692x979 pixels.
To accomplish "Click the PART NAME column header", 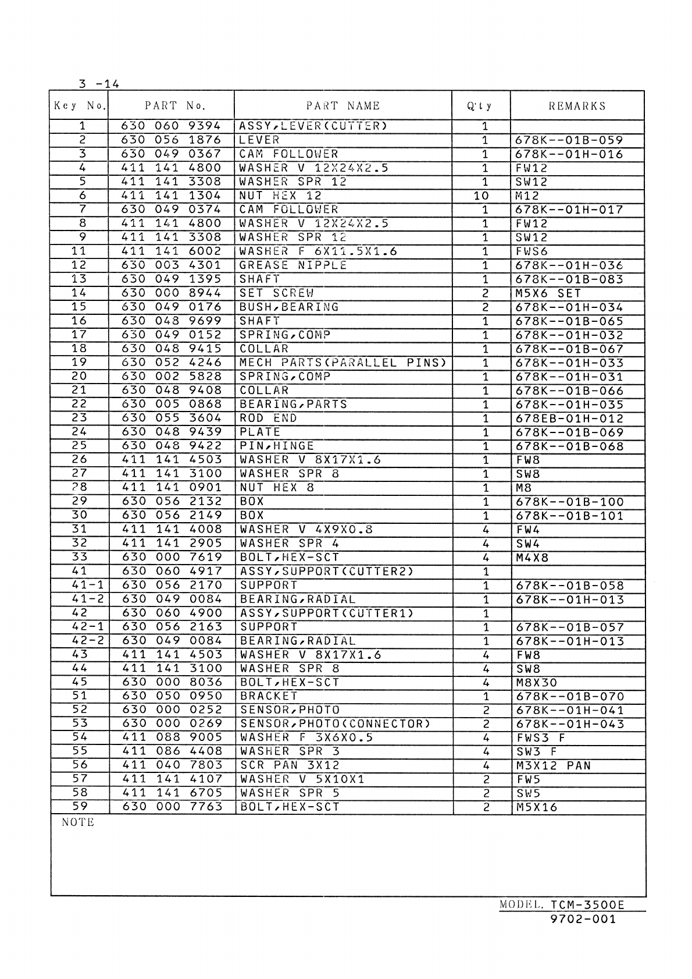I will click(x=343, y=106).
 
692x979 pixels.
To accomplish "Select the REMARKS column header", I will click(x=577, y=106).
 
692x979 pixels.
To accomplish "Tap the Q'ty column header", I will click(x=480, y=106).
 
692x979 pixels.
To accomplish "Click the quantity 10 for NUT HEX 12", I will click(x=481, y=196).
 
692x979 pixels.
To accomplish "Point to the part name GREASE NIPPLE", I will click(x=293, y=265).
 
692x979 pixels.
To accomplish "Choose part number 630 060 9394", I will click(x=172, y=126).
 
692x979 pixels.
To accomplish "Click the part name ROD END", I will click(x=268, y=418).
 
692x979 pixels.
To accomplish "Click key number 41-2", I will click(x=79, y=600).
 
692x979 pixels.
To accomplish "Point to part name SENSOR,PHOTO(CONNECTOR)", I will click(x=336, y=724).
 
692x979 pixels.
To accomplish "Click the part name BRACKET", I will click(x=269, y=696).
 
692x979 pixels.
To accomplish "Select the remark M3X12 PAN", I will click(x=553, y=766).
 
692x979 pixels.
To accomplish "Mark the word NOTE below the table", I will click(x=78, y=822).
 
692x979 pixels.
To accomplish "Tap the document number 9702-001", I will click(x=583, y=920).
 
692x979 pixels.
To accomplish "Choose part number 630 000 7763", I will click(x=172, y=807).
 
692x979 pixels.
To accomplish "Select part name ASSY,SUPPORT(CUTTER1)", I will click(x=327, y=613).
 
